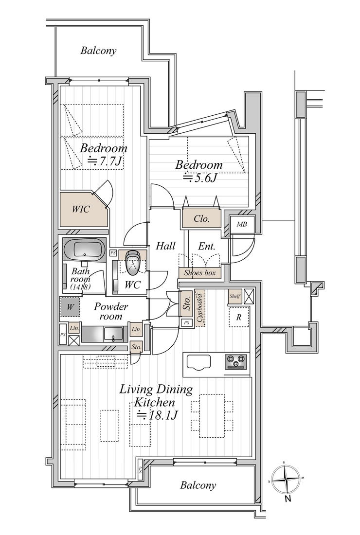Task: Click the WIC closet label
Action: coord(81,209)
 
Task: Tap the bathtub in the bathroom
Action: coord(84,250)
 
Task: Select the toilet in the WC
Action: coord(132,263)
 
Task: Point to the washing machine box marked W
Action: coord(70,306)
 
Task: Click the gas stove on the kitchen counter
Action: coord(236,362)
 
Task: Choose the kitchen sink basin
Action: coord(198,362)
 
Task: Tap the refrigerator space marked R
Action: coord(239,317)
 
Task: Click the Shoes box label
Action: coord(200,273)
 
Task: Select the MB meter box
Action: coord(242,224)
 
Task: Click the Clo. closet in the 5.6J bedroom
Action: coord(201,218)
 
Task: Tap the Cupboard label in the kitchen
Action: coord(199,308)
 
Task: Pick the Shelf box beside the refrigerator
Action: coord(235,296)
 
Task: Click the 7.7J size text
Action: coord(105,162)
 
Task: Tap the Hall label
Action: coord(165,246)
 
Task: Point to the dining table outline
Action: coord(212,415)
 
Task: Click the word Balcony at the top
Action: coord(98,51)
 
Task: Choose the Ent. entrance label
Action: coord(206,246)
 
